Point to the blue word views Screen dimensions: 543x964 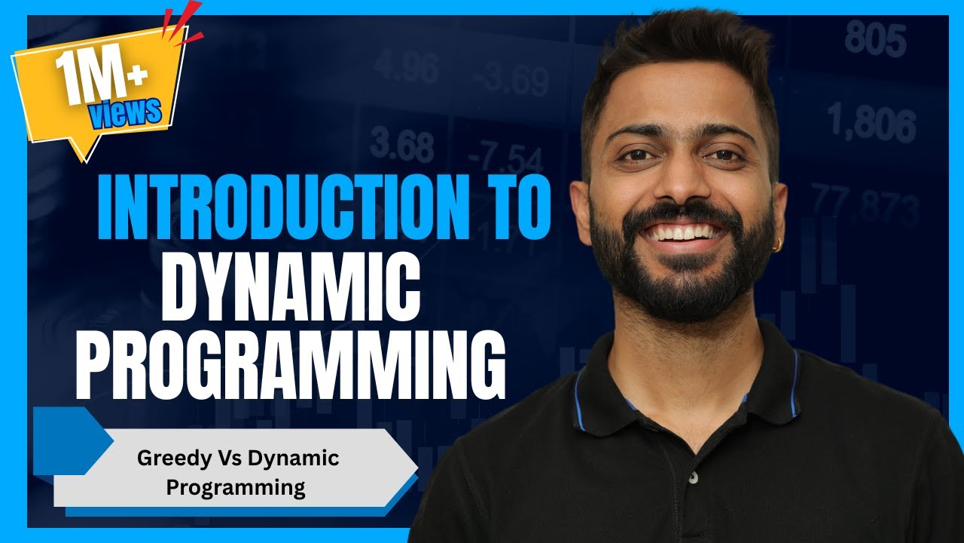(125, 112)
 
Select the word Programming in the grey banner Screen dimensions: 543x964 (236, 487)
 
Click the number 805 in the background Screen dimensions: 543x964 (875, 39)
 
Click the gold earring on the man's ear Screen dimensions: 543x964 (778, 246)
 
